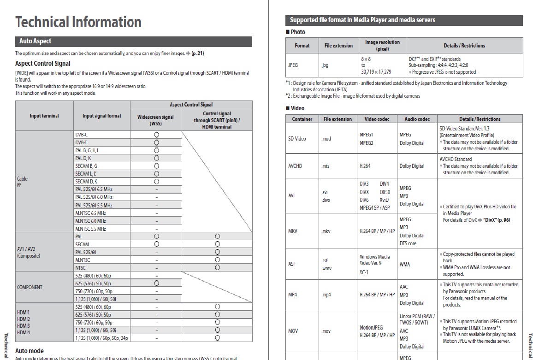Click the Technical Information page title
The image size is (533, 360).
(x=78, y=22)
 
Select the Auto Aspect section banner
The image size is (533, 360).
(x=36, y=41)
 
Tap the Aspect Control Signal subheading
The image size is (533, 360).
(x=43, y=64)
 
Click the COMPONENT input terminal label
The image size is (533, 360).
(x=30, y=287)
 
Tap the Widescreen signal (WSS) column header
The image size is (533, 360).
(x=156, y=120)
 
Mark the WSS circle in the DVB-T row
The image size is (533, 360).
(x=157, y=142)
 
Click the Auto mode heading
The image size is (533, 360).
(x=30, y=351)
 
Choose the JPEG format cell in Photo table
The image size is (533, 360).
(x=293, y=65)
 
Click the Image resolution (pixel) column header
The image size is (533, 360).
(x=382, y=45)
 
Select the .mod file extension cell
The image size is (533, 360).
(x=326, y=139)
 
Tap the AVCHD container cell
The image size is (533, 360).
(x=295, y=166)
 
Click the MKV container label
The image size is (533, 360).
(x=293, y=231)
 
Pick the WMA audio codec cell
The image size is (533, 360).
(x=404, y=265)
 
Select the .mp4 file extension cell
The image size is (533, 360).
(x=326, y=295)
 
